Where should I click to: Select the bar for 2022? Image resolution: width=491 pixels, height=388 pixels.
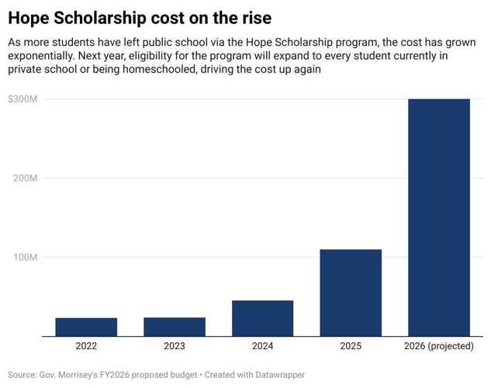coord(86,327)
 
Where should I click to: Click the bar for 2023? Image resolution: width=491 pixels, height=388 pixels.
coord(175,327)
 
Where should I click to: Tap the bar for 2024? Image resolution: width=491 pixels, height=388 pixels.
coord(262,318)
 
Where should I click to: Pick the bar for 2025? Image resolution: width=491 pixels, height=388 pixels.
coord(351,293)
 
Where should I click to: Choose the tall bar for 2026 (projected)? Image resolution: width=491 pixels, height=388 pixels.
coord(439,217)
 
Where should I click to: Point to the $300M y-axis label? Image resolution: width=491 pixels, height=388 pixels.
coord(23,99)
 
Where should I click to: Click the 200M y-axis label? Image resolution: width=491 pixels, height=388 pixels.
coord(25,178)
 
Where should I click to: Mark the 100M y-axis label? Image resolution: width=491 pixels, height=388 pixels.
coord(25,258)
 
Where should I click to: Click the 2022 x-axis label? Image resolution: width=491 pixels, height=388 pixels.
coord(86,347)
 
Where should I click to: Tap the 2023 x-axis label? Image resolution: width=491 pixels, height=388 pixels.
coord(175,347)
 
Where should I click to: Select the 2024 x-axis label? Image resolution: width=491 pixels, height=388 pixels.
coord(262,347)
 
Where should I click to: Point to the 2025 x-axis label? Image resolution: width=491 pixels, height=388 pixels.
coord(351,347)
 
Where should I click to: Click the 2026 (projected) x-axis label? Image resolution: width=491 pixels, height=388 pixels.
coord(439,347)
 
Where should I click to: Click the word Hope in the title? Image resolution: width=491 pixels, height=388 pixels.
coord(30,16)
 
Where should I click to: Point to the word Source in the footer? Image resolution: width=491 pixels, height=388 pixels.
coord(23,374)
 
